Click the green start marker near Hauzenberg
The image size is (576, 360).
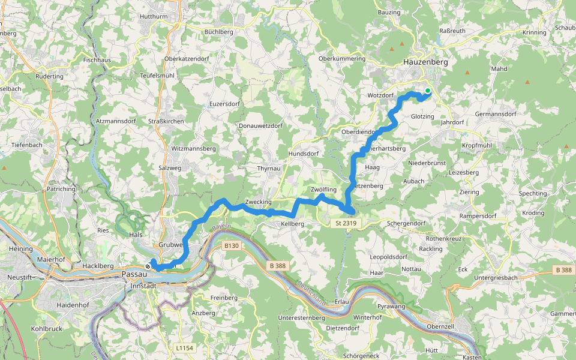tap(428, 91)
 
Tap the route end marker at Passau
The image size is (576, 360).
tap(148, 266)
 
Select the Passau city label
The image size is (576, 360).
tap(134, 274)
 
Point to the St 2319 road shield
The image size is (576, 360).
tap(346, 223)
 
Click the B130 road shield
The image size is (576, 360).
tap(232, 245)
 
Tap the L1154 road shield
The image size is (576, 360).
tap(185, 347)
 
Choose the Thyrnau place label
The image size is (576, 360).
tap(268, 169)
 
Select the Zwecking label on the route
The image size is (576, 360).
tap(258, 202)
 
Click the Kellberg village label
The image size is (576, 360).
tap(293, 224)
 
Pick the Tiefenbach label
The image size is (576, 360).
tap(26, 145)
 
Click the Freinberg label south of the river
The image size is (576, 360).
tap(224, 298)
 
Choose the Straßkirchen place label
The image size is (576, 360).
tap(166, 121)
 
